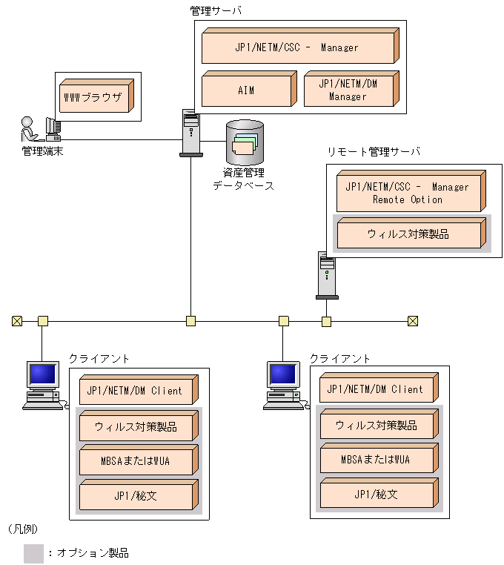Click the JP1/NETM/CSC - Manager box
298,47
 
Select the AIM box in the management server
247,90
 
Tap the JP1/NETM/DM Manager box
348,90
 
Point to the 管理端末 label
42,151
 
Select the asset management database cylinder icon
245,142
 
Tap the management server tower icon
190,132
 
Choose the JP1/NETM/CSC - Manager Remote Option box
408,193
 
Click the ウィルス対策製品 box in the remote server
408,234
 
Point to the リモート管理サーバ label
374,151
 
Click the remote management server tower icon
327,274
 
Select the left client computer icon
42,385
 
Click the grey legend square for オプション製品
33,553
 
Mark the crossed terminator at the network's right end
413,321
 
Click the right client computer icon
283,385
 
